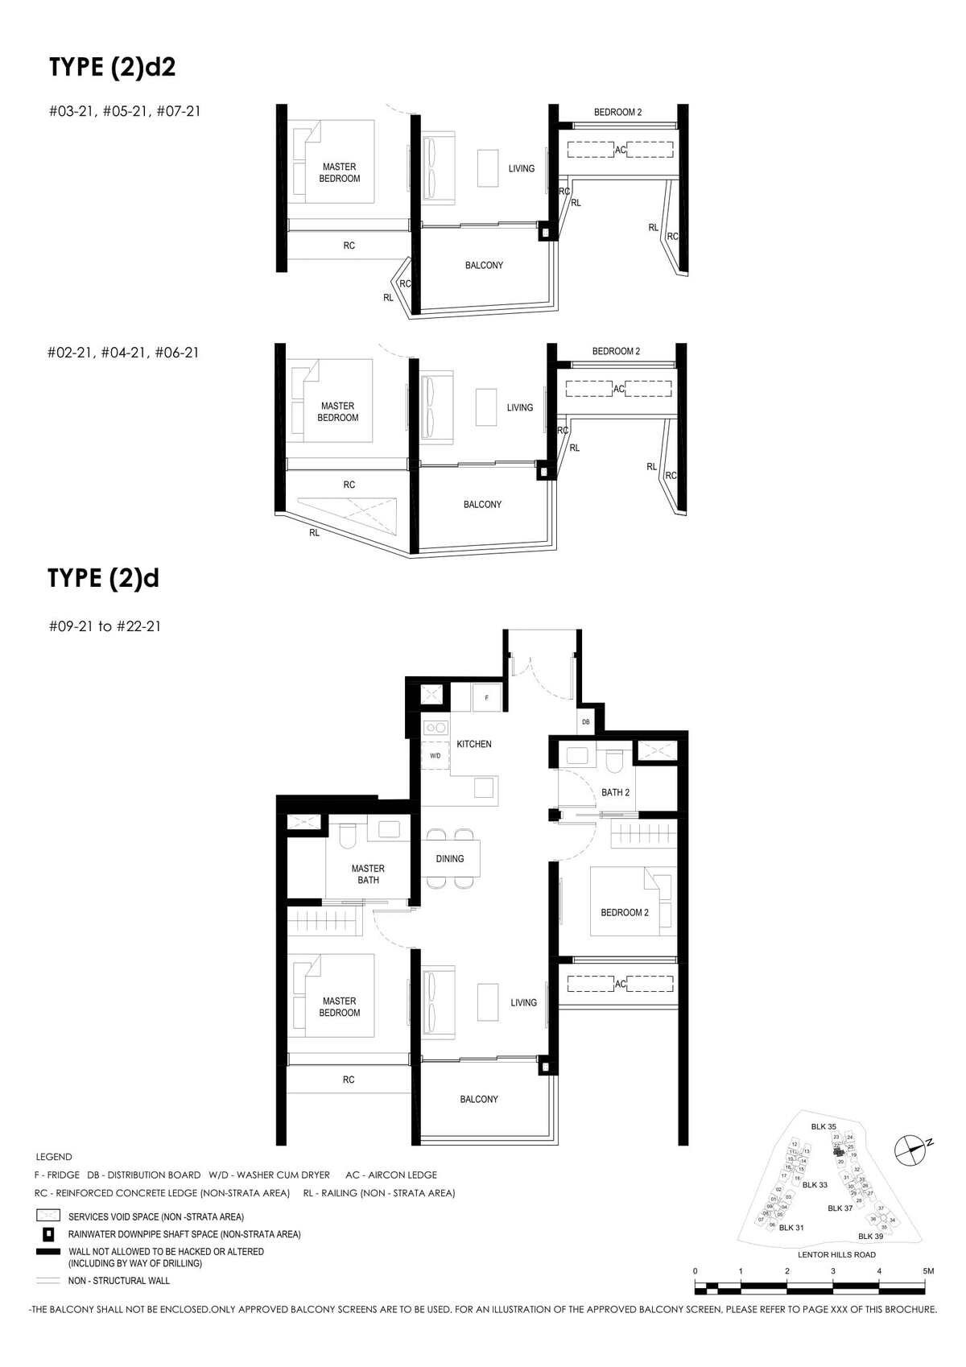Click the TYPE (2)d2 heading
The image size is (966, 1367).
112,67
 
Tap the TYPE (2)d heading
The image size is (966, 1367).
103,578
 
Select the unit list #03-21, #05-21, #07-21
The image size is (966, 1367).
125,111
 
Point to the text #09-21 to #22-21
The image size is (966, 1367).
105,626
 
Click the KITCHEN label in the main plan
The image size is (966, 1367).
473,744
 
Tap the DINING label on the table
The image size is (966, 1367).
450,859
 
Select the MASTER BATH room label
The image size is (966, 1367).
368,874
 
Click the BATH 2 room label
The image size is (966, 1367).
615,793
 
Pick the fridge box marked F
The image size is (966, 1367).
486,698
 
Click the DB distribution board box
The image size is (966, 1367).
586,722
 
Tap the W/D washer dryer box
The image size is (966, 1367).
435,756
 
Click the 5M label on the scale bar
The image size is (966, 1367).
928,1271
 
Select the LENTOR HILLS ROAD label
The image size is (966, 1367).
836,1254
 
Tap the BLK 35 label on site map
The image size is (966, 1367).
824,1127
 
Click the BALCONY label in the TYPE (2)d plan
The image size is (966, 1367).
479,1099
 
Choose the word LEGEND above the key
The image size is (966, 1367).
54,1157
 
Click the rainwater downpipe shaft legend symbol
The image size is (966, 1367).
48,1234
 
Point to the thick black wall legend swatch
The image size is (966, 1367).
48,1252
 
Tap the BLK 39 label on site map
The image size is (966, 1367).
870,1236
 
